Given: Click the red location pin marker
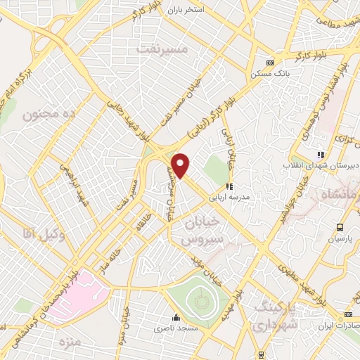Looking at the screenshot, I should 181,165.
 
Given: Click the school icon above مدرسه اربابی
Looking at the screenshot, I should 229,187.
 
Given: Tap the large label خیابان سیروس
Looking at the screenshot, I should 205,230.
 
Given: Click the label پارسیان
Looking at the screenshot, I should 341,238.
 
